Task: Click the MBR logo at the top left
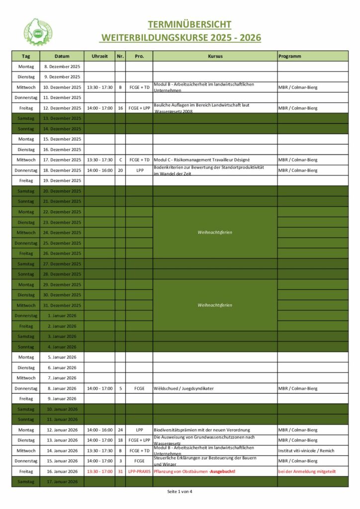pyautogui.click(x=38, y=32)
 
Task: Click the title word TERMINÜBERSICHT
pyautogui.click(x=189, y=25)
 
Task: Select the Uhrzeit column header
pyautogui.click(x=99, y=56)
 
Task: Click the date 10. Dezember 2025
pyautogui.click(x=63, y=87)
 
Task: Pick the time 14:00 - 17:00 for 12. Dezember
pyautogui.click(x=99, y=108)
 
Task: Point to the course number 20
pyautogui.click(x=120, y=170)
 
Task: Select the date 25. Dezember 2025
pyautogui.click(x=63, y=243)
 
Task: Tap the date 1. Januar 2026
pyautogui.click(x=63, y=316)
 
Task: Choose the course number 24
pyautogui.click(x=120, y=430)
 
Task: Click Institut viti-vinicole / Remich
pyautogui.click(x=306, y=450)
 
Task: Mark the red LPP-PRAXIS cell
pyautogui.click(x=139, y=471)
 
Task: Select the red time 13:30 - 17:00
pyautogui.click(x=99, y=471)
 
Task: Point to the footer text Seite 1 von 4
pyautogui.click(x=180, y=492)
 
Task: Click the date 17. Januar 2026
pyautogui.click(x=63, y=482)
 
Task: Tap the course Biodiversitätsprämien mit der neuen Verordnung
pyautogui.click(x=202, y=430)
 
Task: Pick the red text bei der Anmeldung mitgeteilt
pyautogui.click(x=307, y=471)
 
